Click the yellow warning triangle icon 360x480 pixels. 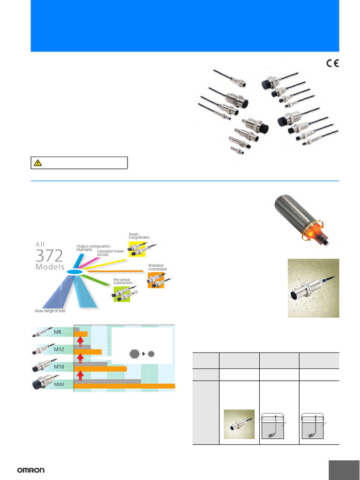[x=38, y=163]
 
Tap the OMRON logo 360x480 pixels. [x=30, y=470]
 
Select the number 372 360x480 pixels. [x=49, y=255]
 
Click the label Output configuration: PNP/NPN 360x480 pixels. [x=93, y=248]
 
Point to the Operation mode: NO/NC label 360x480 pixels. [x=111, y=253]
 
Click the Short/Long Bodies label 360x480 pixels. [x=139, y=236]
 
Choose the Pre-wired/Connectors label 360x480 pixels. [x=123, y=281]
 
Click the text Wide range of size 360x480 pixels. [x=51, y=311]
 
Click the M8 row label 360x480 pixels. [x=58, y=332]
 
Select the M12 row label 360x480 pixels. [x=59, y=349]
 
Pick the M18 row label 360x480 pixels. [x=59, y=367]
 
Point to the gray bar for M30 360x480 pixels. [x=107, y=381]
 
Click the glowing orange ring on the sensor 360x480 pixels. [x=313, y=232]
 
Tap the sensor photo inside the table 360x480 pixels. [x=239, y=424]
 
